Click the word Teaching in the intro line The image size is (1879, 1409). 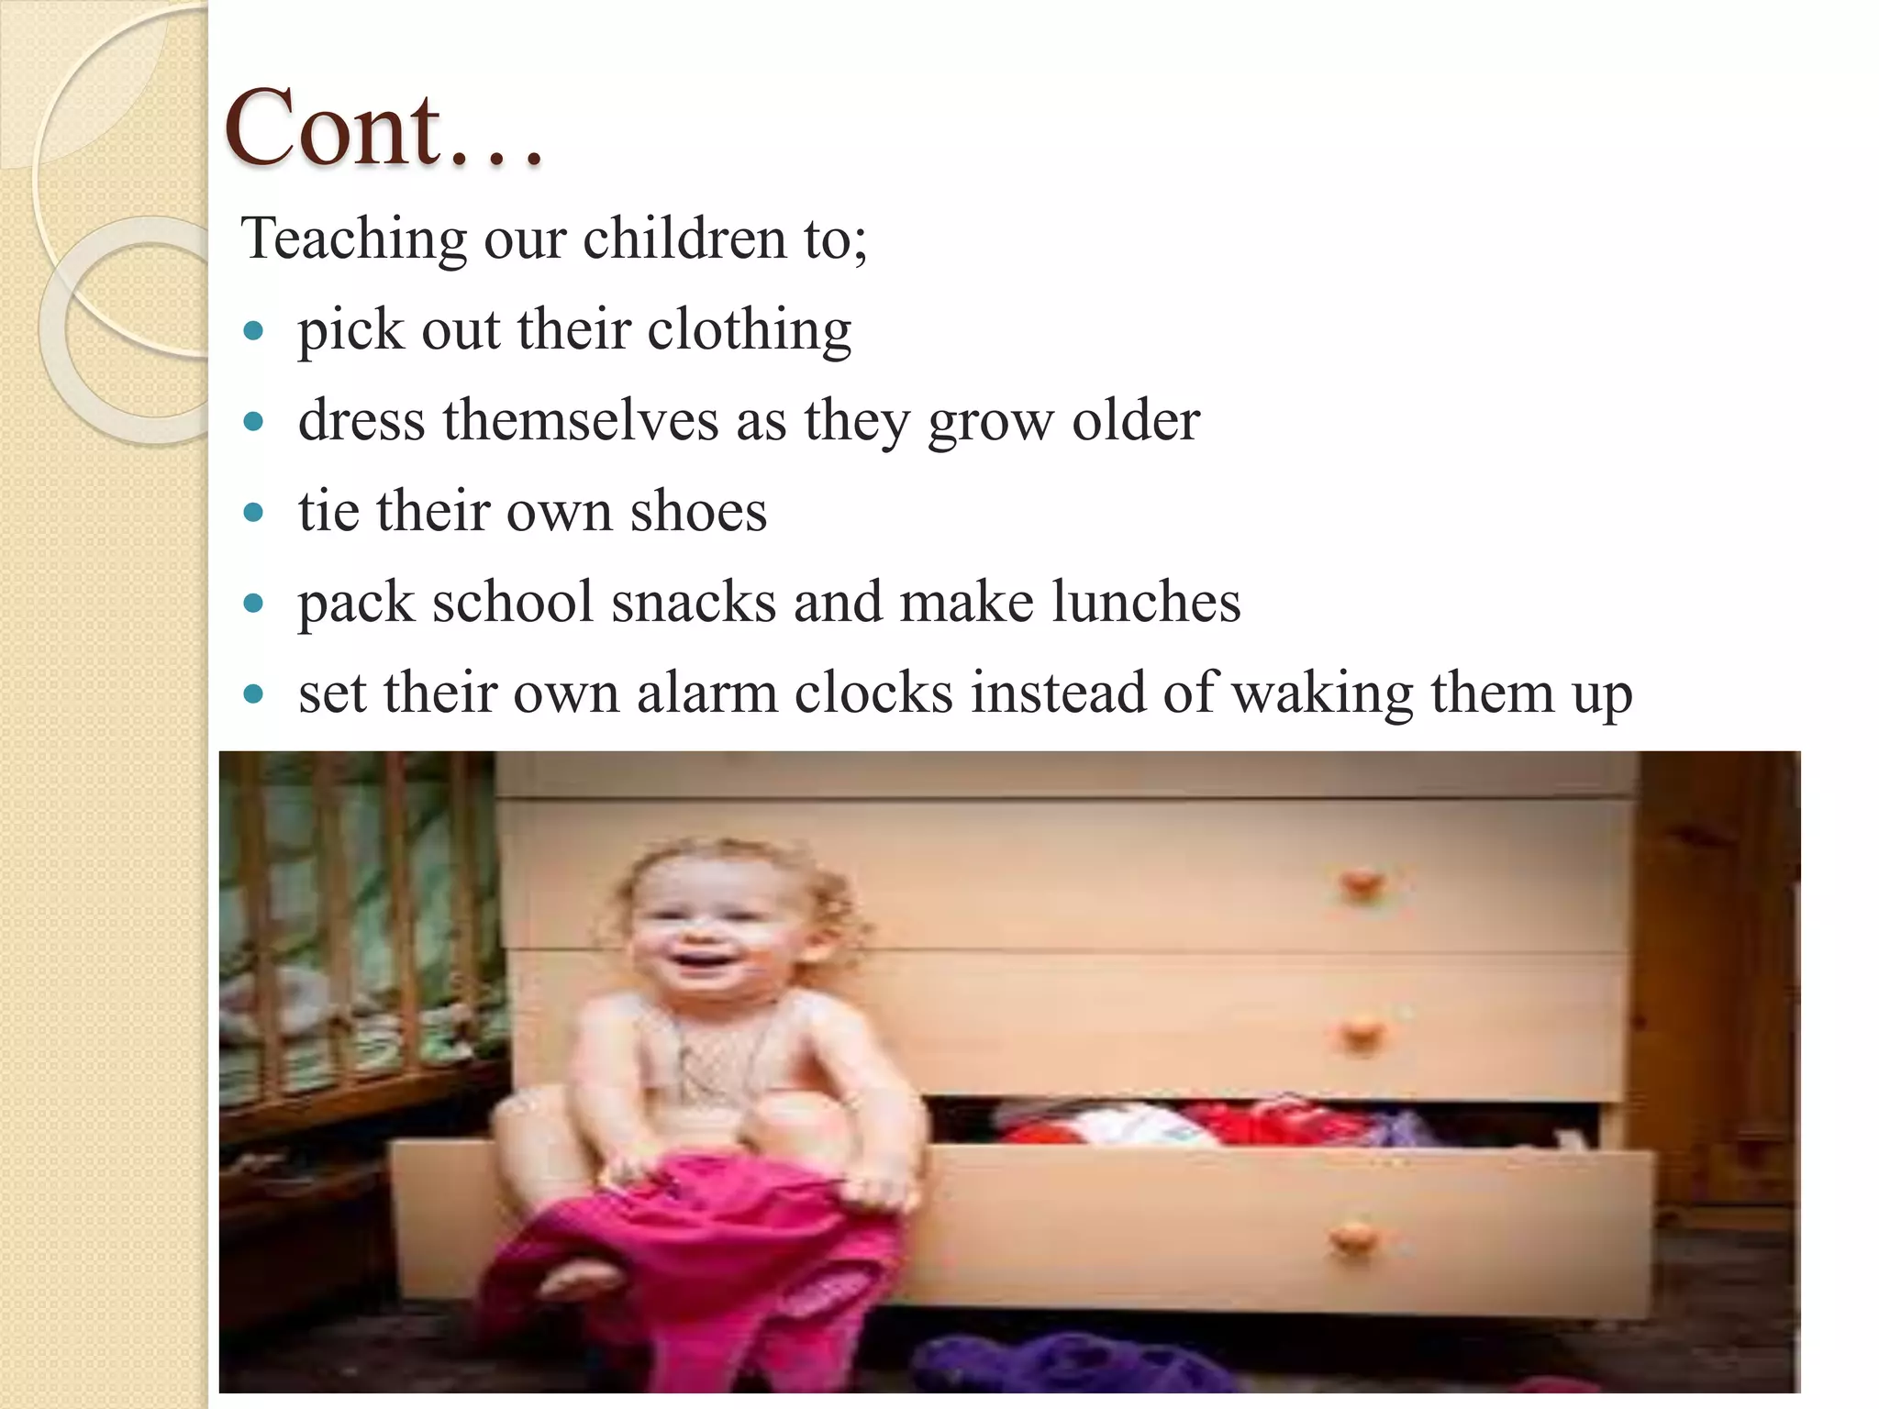coord(354,239)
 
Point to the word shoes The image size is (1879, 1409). coord(698,511)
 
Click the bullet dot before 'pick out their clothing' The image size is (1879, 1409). coord(254,331)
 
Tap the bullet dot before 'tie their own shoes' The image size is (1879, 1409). coord(254,512)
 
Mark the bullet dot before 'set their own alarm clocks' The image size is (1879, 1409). coord(254,693)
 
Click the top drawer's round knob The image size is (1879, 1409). coord(1361,885)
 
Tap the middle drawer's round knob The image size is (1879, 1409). coord(1361,1035)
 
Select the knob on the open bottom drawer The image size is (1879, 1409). coord(1351,1238)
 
